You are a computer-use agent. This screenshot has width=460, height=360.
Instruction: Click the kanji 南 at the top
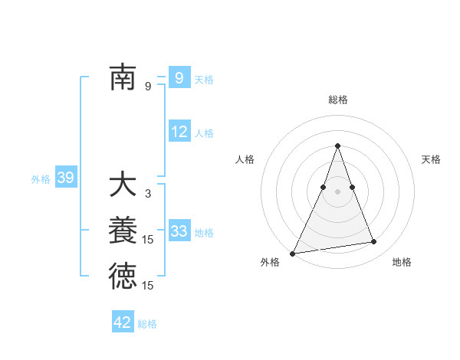coord(123,77)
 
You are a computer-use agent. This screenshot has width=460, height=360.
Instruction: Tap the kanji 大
coord(123,185)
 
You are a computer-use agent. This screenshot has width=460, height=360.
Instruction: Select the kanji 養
coord(123,231)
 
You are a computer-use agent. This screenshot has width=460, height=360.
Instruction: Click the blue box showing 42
coord(123,322)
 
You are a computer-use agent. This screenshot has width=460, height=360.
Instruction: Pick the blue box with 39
coord(65,178)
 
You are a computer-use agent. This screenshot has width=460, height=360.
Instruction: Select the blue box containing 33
coord(179,232)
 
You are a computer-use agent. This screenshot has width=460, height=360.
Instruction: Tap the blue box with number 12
coord(179,132)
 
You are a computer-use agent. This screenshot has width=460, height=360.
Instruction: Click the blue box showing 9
coord(179,77)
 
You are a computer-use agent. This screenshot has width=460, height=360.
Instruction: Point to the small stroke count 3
coord(148,194)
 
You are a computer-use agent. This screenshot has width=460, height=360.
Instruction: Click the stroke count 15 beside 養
coord(148,240)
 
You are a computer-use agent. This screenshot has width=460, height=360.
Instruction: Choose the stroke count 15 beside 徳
coord(148,286)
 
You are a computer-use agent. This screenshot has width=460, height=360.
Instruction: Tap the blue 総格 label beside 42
coord(147,324)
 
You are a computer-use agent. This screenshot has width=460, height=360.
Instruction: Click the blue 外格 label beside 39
coord(40,179)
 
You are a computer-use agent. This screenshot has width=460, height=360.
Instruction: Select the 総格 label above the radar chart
coord(337,100)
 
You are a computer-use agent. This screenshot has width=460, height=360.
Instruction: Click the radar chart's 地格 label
coord(402,262)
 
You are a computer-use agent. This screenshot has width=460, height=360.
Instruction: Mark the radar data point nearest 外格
coord(293,254)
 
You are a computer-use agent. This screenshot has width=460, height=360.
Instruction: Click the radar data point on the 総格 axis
coord(337,146)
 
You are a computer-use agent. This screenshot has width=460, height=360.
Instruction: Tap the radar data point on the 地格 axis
coord(374,242)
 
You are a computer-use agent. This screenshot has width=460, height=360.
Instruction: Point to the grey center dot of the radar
coord(337,191)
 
